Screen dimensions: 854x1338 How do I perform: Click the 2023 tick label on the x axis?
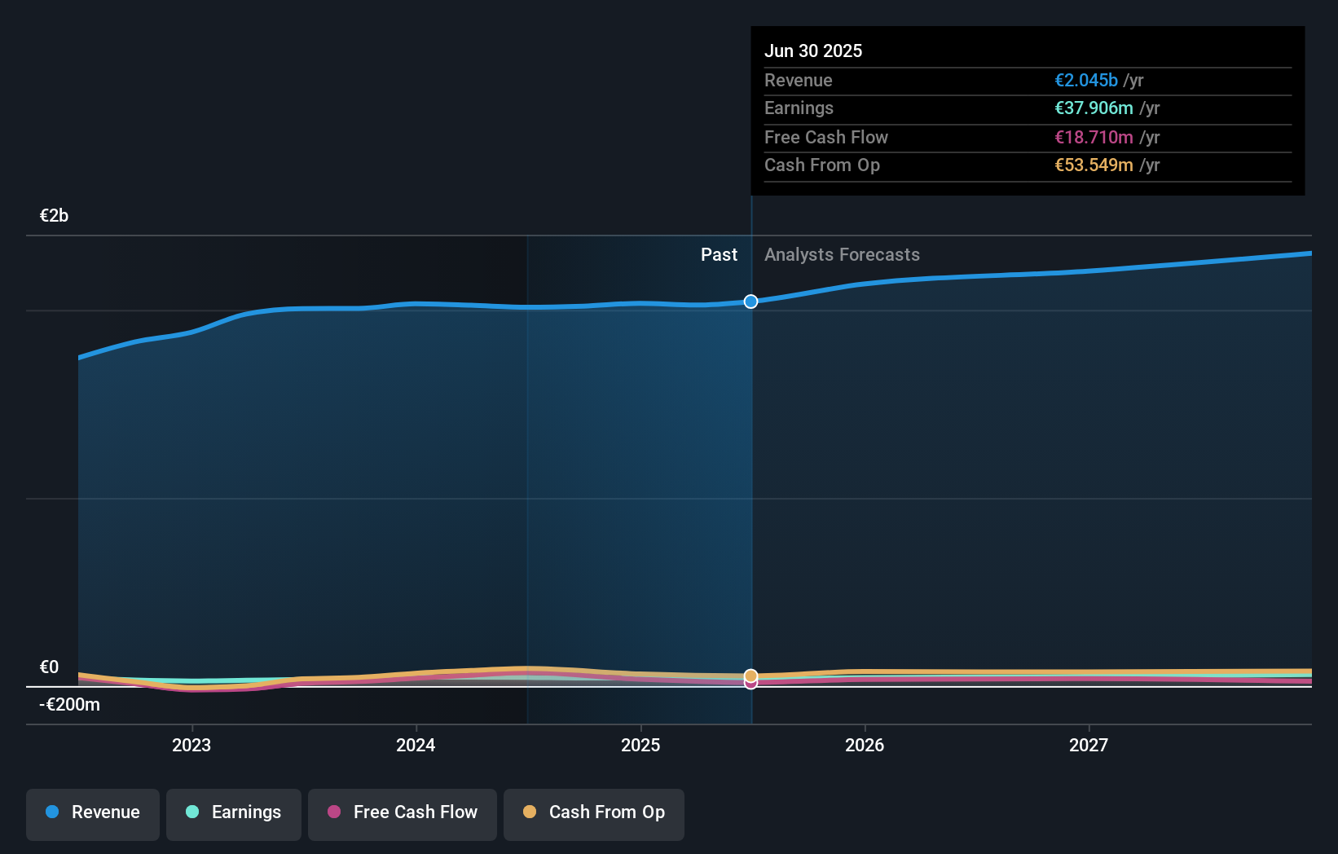[x=191, y=745]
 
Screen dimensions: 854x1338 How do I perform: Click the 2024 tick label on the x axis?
[x=416, y=745]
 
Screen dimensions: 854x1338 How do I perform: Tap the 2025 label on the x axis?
[x=640, y=745]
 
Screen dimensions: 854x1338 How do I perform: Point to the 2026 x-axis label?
[x=865, y=745]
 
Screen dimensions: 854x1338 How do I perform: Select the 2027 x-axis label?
[x=1089, y=745]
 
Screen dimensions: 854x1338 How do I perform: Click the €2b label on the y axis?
[x=54, y=215]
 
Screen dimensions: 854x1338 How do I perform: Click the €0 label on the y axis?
[x=49, y=667]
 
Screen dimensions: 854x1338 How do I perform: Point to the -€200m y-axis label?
[x=69, y=704]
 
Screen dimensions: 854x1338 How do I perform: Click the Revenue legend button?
[x=93, y=812]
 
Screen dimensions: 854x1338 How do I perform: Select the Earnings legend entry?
[x=234, y=812]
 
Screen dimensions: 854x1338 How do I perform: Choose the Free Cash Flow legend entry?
[x=403, y=812]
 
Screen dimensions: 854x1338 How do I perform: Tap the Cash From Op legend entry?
[x=594, y=812]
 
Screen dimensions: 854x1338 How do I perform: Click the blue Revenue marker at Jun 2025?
[x=750, y=302]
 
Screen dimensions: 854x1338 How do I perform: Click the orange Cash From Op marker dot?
[x=750, y=676]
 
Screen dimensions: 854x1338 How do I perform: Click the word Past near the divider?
[x=719, y=254]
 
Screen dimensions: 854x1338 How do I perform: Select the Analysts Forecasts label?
[x=842, y=254]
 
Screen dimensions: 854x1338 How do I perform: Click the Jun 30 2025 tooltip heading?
[x=813, y=51]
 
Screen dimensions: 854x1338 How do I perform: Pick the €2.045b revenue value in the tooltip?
[x=1086, y=80]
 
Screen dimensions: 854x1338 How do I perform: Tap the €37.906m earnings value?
[x=1094, y=108]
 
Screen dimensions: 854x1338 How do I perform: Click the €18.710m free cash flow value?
[x=1094, y=137]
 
